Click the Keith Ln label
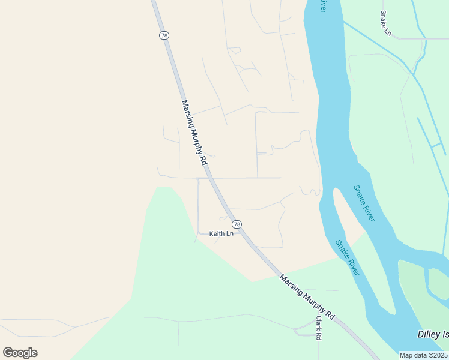click(x=221, y=234)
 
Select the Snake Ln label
click(x=385, y=23)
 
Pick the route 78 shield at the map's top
click(x=164, y=35)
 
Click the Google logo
click(x=20, y=353)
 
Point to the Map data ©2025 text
click(x=423, y=355)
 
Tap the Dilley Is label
click(x=433, y=334)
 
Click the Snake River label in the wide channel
click(x=364, y=203)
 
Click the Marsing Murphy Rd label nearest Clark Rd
click(x=307, y=297)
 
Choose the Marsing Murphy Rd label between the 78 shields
click(x=194, y=133)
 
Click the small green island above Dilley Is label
click(x=438, y=282)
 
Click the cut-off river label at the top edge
click(x=324, y=5)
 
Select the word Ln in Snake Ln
click(x=388, y=30)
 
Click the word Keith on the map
click(x=217, y=234)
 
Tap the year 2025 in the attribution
click(x=438, y=355)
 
